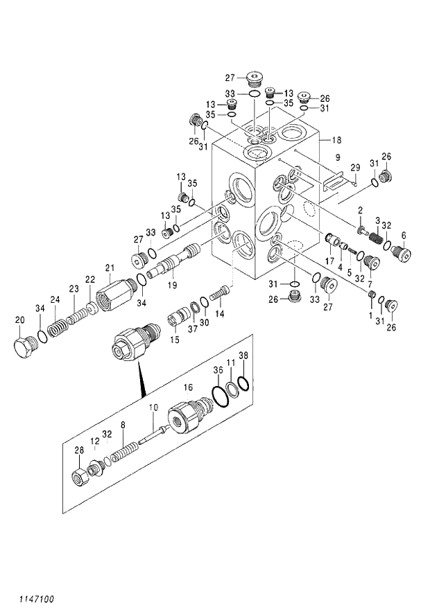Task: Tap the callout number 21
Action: point(109,268)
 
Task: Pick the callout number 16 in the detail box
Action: point(187,387)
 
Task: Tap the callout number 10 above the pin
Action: point(153,407)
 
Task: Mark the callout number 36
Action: point(218,371)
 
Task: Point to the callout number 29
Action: point(354,168)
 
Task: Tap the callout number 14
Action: point(220,313)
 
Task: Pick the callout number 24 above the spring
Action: point(55,299)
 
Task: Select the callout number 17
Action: point(330,261)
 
